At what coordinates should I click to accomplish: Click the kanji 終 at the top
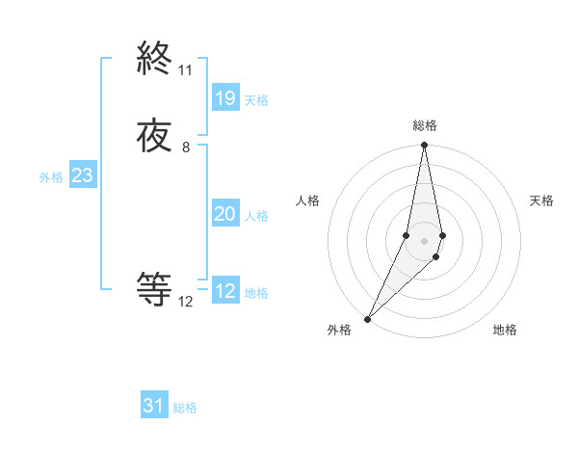coord(154,61)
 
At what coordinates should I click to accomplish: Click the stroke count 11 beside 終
coord(185,70)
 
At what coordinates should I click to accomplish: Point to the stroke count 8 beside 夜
coord(185,147)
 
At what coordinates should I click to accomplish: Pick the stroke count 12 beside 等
coord(185,302)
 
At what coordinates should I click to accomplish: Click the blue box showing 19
coord(224,98)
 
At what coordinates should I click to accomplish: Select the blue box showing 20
coord(224,215)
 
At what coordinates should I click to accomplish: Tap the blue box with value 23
coord(82,176)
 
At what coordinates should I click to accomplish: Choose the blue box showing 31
coord(154,406)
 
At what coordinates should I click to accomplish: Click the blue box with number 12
coord(224,291)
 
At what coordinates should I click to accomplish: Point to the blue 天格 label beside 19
coord(256,100)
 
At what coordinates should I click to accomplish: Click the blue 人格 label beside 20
coord(256,216)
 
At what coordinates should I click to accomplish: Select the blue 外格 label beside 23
coord(51,177)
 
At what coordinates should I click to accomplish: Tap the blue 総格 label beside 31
coord(185,408)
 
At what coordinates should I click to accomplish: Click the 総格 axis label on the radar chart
coord(425,126)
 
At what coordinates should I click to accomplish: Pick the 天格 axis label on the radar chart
coord(542,200)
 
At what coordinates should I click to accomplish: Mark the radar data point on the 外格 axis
coord(367,318)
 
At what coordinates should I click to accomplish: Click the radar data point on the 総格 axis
coord(425,145)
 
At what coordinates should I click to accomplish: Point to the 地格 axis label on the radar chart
coord(505,331)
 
